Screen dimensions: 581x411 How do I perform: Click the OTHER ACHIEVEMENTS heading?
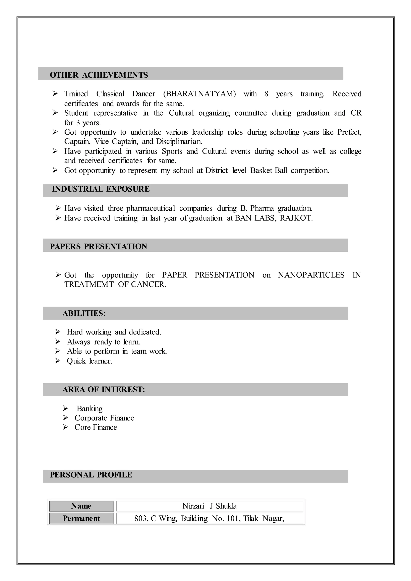coord(99,75)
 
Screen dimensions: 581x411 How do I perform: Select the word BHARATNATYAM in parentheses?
coord(199,94)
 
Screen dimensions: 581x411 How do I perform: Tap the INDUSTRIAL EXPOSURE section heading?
coord(101,189)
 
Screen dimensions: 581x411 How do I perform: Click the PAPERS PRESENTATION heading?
coord(99,247)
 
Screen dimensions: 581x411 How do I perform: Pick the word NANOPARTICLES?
coord(311,275)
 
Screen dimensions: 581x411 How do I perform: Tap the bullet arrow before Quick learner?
coord(58,361)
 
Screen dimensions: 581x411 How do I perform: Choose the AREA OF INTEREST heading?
coord(104,389)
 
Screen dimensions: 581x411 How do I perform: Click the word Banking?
coord(90,409)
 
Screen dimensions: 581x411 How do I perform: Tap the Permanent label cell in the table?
coord(81,518)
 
